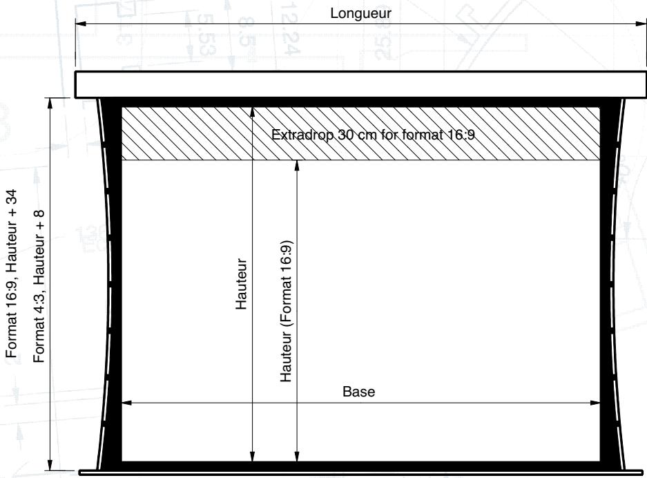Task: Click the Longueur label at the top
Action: (360, 13)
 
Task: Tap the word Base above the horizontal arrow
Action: (358, 392)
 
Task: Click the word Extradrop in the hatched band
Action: (302, 135)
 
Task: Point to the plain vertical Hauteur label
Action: (241, 284)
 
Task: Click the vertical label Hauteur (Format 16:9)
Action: (286, 311)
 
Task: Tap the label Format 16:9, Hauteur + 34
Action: (12, 274)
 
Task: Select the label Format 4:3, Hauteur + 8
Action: (39, 287)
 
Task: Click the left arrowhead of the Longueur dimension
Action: (81, 24)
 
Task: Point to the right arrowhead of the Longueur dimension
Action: (641, 24)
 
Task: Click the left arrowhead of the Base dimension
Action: (126, 403)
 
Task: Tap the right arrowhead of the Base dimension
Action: (595, 403)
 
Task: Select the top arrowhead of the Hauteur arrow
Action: (253, 113)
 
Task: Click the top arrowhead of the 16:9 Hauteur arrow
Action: (297, 165)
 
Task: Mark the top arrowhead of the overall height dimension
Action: (50, 103)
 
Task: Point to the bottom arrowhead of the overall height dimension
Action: (50, 465)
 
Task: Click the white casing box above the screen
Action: (360, 85)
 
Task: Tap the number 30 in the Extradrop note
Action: (346, 135)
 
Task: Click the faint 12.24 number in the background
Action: (289, 28)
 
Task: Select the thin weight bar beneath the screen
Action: (360, 472)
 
